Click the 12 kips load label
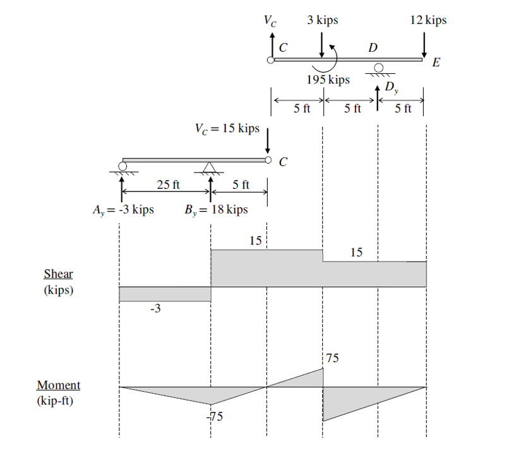(x=428, y=20)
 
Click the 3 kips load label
(x=323, y=20)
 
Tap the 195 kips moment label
(x=328, y=80)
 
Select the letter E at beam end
(x=436, y=63)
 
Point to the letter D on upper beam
(x=373, y=47)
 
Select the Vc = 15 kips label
(x=227, y=128)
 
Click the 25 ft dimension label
(x=168, y=185)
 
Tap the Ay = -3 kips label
(x=124, y=210)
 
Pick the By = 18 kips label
(x=217, y=210)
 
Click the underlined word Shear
(x=58, y=274)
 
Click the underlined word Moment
(x=59, y=385)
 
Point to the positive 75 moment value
(x=333, y=358)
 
